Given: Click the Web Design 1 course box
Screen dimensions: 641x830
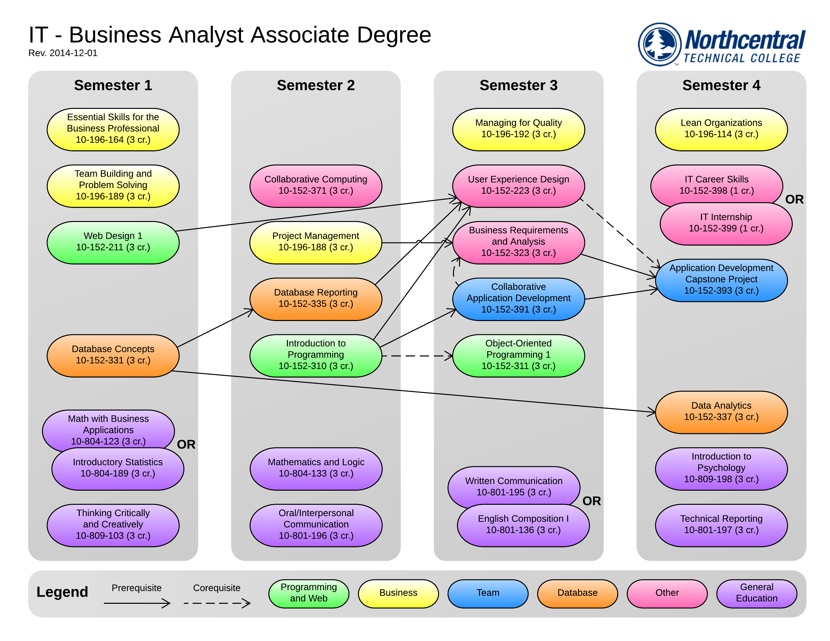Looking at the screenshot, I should (113, 242).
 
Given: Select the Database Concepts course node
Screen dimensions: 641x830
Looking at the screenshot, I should (113, 355).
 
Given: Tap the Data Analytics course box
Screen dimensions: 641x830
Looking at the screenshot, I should (721, 412).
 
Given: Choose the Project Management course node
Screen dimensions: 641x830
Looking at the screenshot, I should (315, 242).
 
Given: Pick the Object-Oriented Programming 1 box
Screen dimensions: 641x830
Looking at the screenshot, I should (518, 355).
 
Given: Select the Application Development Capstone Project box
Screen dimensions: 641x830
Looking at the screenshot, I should (721, 280).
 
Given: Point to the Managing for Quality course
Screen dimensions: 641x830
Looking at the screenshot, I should (518, 129).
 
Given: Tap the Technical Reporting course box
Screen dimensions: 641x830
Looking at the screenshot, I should (721, 525).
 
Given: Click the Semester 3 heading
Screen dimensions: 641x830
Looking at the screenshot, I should (518, 85).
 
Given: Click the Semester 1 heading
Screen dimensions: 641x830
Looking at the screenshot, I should (113, 85).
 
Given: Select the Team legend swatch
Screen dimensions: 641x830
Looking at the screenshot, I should (488, 593).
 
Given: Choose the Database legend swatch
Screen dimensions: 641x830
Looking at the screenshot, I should (577, 593).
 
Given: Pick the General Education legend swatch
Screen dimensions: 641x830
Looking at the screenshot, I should (756, 593).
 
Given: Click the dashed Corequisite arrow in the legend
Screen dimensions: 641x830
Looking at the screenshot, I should (217, 603).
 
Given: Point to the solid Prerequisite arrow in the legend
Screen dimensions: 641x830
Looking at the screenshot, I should (137, 603).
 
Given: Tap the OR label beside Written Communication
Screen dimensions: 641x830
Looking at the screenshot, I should (591, 501).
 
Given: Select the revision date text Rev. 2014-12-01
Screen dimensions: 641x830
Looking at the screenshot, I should (63, 53).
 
